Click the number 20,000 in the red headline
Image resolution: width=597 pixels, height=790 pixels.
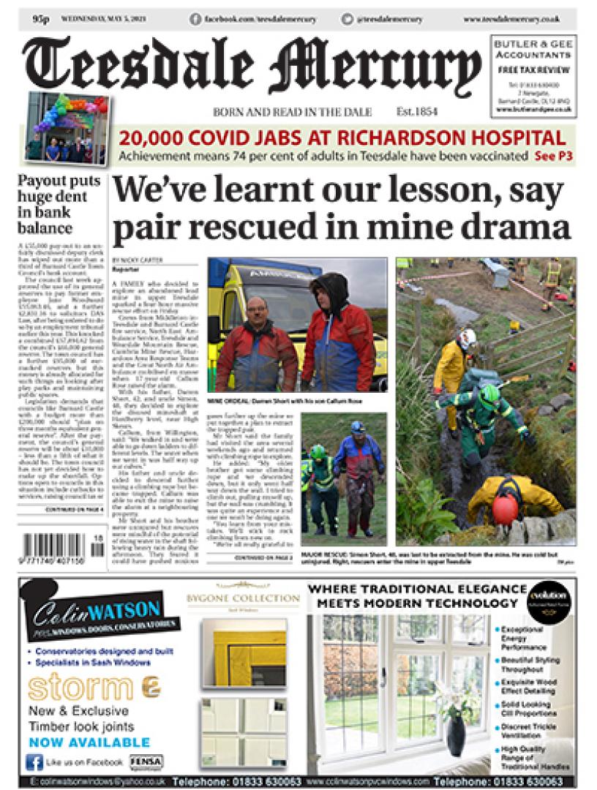pyautogui.click(x=150, y=138)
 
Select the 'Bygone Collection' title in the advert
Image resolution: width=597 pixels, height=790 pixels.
pyautogui.click(x=243, y=598)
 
